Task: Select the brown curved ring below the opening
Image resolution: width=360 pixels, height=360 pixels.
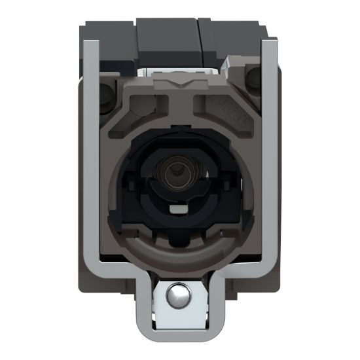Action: pyautogui.click(x=177, y=252)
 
